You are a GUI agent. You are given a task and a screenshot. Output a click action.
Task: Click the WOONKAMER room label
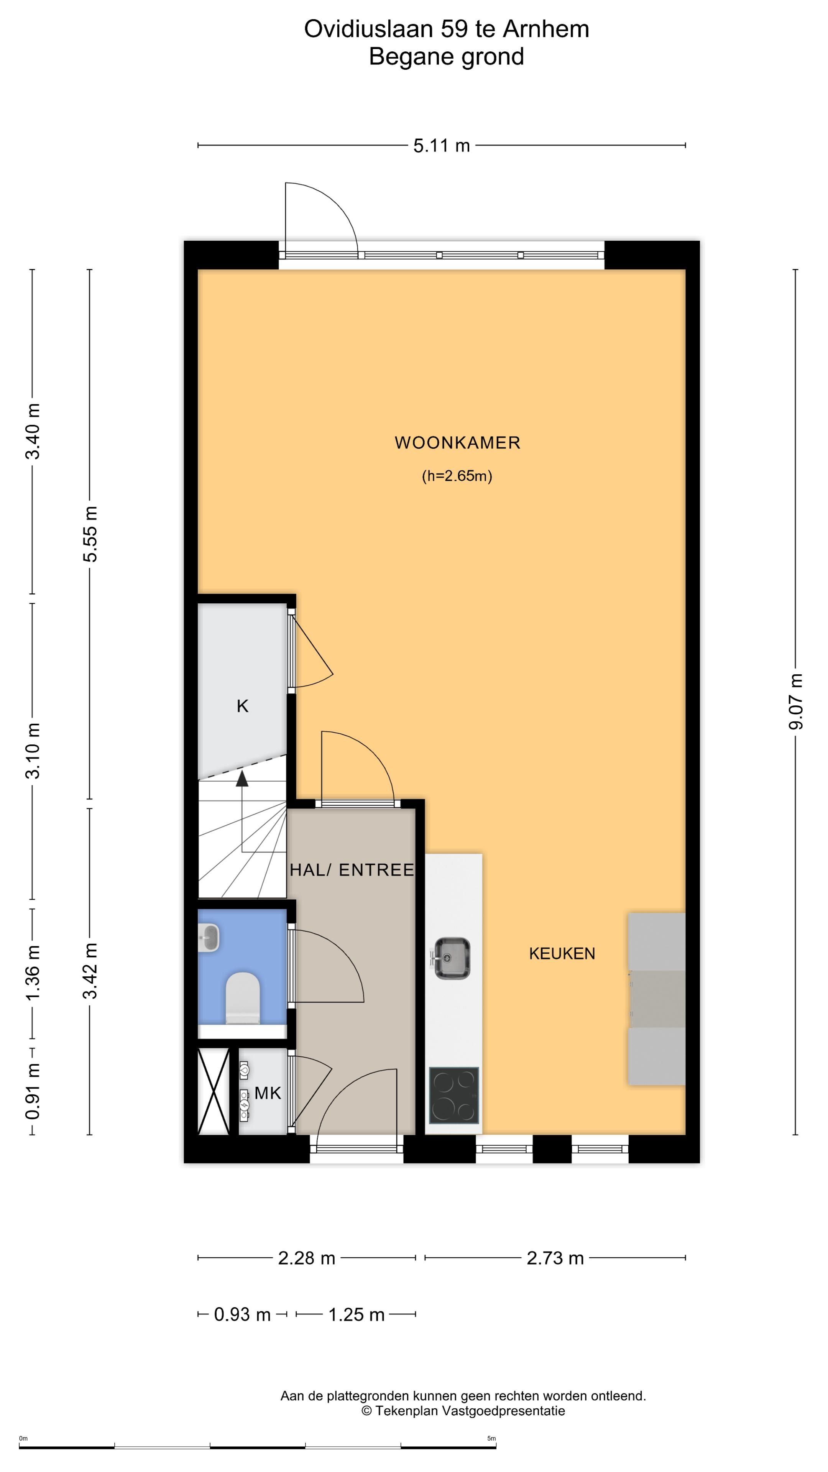coord(457,443)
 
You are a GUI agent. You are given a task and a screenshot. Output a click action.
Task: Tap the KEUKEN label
coord(562,953)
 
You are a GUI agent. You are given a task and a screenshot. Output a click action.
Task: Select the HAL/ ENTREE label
coord(352,870)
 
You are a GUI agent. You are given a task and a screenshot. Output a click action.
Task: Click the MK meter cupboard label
coord(268,1093)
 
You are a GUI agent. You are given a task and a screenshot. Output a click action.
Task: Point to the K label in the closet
coord(242,706)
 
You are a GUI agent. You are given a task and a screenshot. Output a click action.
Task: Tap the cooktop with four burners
coord(454,1096)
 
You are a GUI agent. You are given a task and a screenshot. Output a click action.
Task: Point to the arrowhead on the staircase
coord(242,778)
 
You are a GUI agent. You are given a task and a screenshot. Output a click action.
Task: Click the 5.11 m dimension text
coord(441,146)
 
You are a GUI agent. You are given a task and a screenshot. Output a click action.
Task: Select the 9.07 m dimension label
coord(795,701)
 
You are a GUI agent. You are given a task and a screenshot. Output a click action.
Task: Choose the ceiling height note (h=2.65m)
coord(457,476)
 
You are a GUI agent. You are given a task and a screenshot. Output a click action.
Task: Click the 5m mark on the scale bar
coord(491,1438)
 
